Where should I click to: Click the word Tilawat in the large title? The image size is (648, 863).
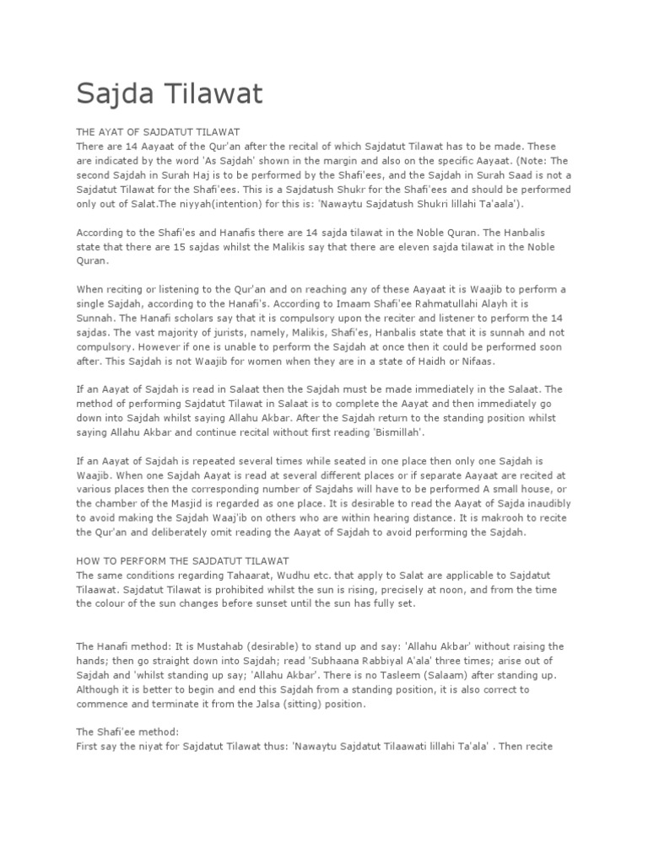click(x=211, y=94)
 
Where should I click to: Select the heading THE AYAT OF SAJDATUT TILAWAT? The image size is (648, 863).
click(x=159, y=132)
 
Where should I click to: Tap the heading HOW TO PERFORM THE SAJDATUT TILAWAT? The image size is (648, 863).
click(x=183, y=560)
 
